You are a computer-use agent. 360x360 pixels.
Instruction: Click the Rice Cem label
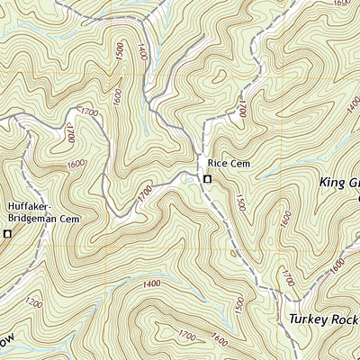point(227,164)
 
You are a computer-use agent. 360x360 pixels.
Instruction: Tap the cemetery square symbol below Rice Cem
point(208,180)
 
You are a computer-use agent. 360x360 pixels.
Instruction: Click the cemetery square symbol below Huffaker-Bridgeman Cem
point(9,234)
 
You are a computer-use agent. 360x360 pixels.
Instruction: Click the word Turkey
point(310,319)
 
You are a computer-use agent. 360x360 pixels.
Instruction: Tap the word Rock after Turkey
point(346,319)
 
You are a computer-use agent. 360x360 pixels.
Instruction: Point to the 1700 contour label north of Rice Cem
point(241,109)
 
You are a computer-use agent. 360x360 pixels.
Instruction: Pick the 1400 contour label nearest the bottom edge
point(150,283)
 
